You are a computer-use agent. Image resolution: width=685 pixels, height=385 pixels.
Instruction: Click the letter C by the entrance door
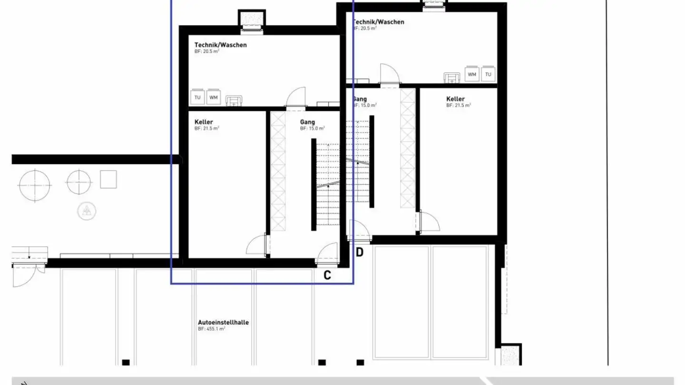[327, 275]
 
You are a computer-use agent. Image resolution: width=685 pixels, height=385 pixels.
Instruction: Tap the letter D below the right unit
[360, 252]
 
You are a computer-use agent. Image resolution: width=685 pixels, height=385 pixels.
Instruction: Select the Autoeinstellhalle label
[223, 322]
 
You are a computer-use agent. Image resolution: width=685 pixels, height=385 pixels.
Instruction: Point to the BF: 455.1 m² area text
[211, 329]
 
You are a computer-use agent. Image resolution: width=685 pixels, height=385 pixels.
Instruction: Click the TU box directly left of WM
[197, 98]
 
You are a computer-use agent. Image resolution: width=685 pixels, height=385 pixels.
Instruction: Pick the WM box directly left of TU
[472, 75]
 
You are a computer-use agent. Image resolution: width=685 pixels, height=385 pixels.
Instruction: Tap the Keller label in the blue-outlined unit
[204, 122]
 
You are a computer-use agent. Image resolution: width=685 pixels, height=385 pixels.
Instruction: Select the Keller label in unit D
[455, 99]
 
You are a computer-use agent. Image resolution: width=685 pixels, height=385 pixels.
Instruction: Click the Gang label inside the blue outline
[307, 122]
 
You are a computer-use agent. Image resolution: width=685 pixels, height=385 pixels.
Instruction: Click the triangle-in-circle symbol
[86, 211]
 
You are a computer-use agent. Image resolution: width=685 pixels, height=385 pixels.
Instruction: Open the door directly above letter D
[359, 231]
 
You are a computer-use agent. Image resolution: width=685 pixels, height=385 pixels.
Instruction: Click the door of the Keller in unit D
[428, 222]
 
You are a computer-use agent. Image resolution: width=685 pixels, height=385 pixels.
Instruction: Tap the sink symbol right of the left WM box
[233, 100]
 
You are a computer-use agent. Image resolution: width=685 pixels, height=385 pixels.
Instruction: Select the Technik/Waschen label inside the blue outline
[220, 45]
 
